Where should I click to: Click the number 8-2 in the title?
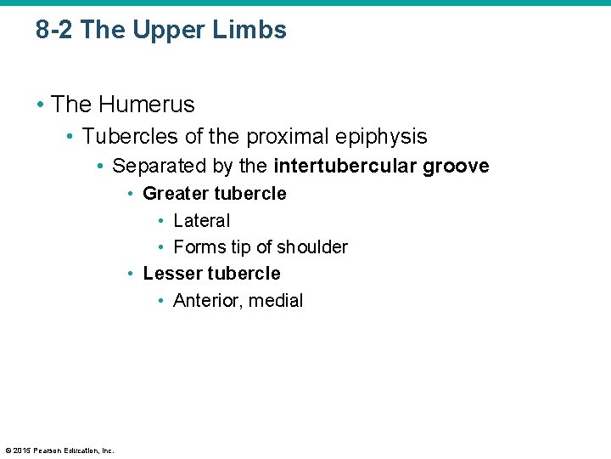point(55,31)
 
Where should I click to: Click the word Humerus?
point(146,105)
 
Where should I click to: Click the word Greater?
point(175,193)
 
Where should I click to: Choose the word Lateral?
point(201,221)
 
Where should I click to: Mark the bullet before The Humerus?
point(40,105)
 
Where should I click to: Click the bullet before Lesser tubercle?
point(131,274)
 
